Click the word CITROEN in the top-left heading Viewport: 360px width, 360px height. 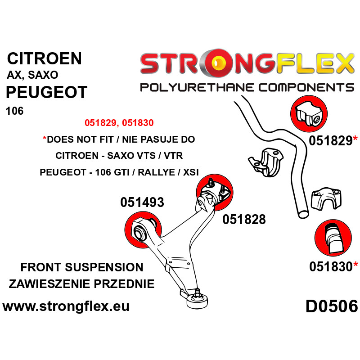(x=44, y=58)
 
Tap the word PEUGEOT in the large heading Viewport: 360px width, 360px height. (x=47, y=92)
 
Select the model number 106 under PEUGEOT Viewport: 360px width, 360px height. (x=15, y=111)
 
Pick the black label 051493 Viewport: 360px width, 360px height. (x=142, y=202)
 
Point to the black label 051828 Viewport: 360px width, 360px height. (x=244, y=219)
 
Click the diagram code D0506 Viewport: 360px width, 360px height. (x=332, y=306)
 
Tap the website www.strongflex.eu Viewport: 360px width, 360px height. (x=66, y=306)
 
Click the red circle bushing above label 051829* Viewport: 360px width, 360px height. (x=309, y=114)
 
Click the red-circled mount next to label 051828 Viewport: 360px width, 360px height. (x=215, y=193)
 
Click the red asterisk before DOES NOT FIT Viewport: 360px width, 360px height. (x=45, y=139)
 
